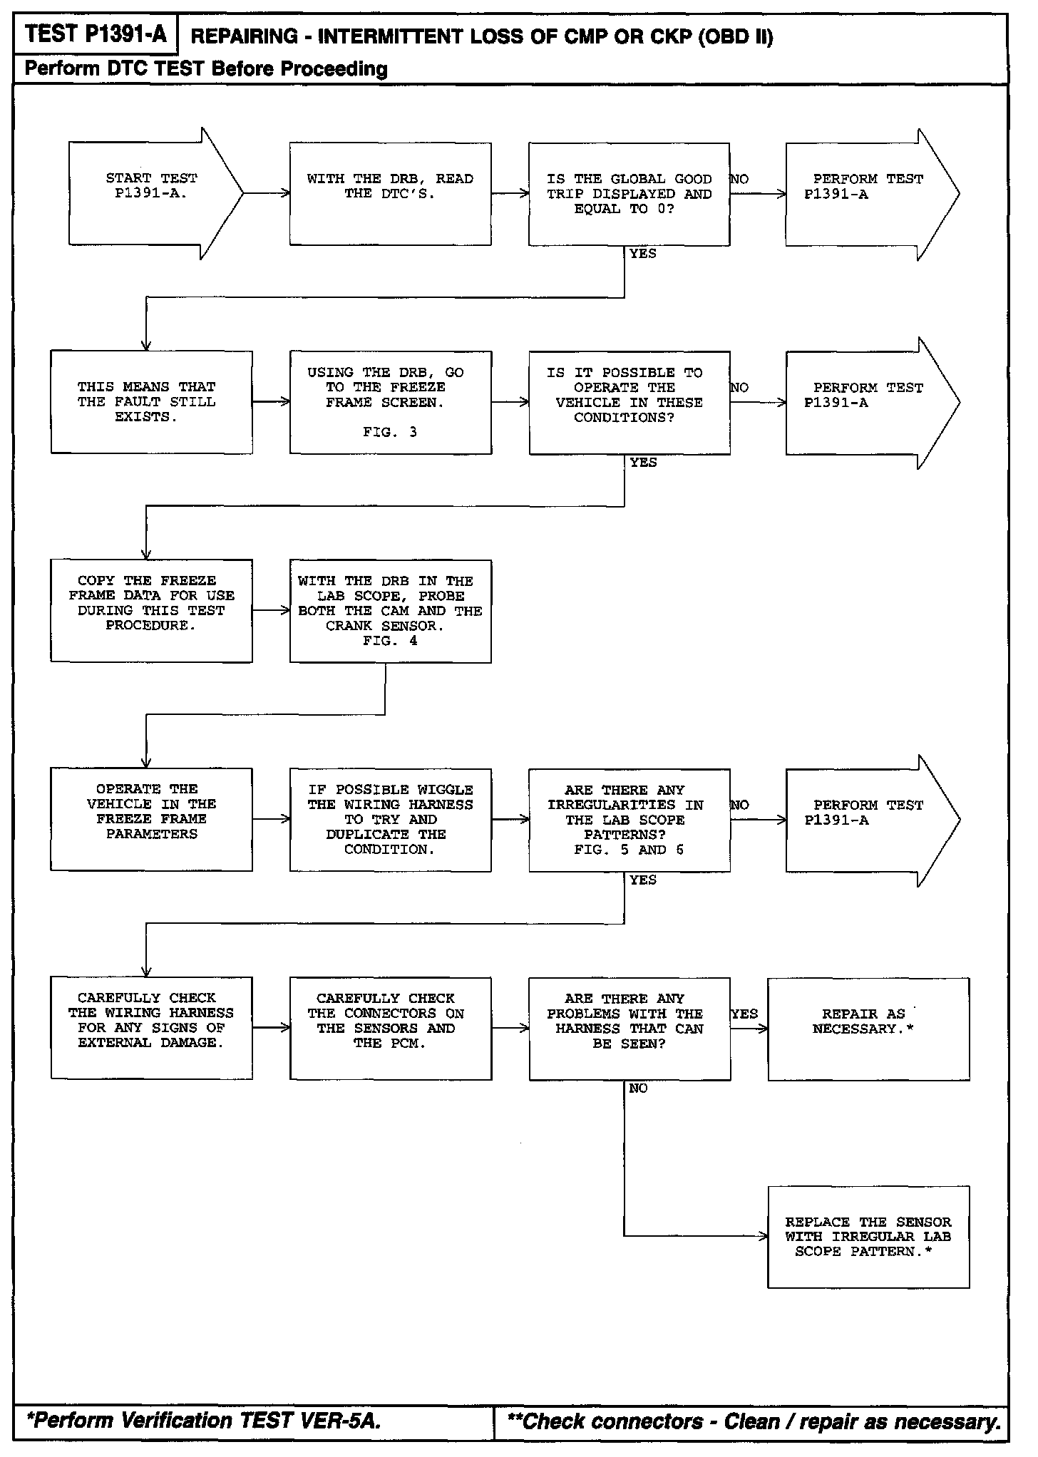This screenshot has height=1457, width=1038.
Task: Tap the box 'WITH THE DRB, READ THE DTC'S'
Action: coord(390,193)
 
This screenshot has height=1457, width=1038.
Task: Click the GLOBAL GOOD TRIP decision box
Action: coord(629,194)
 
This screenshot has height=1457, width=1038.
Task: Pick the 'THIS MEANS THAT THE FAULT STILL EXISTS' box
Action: coord(151,402)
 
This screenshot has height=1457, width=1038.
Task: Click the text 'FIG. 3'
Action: coord(390,432)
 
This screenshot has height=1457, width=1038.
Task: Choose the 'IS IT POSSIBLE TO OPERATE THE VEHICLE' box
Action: coord(629,402)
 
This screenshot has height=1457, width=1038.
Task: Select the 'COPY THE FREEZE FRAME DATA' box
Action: coord(151,611)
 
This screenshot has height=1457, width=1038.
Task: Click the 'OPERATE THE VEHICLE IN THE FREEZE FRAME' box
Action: coord(151,819)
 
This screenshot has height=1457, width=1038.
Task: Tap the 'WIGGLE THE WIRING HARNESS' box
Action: coord(390,820)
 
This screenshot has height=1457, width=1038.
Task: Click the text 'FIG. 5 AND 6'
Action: coord(629,850)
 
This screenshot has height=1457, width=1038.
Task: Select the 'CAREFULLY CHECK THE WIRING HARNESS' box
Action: coord(151,1028)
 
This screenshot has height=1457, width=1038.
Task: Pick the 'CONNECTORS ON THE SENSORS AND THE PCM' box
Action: coord(390,1028)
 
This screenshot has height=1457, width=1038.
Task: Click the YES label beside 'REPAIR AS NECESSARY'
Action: coord(745,1014)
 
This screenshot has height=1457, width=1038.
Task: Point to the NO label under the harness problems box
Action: coord(638,1088)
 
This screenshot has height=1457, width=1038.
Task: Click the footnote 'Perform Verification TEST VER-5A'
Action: coord(204,1421)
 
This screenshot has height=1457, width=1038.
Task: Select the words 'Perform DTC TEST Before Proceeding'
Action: coord(206,69)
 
